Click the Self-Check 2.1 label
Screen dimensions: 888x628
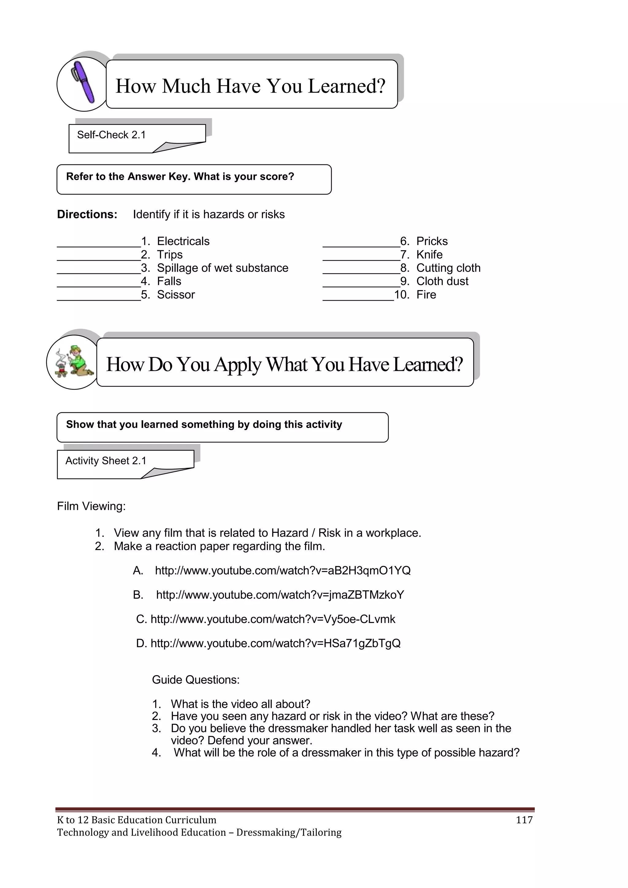(111, 135)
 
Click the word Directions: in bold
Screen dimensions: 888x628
(87, 214)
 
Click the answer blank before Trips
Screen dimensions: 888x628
(99, 255)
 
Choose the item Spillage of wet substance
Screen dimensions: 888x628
(222, 268)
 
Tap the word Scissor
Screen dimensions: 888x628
(176, 295)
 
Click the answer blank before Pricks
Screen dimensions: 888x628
(361, 242)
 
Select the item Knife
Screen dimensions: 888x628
(429, 255)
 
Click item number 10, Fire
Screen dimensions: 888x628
(426, 295)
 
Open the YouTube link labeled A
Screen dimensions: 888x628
(283, 571)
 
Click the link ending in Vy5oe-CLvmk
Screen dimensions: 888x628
(273, 619)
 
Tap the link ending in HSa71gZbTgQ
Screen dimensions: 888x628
(275, 643)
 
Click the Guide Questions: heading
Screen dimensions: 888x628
(196, 679)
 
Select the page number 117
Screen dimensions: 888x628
(524, 820)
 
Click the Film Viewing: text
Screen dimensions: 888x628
(91, 506)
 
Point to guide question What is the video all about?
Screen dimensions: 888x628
(240, 704)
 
